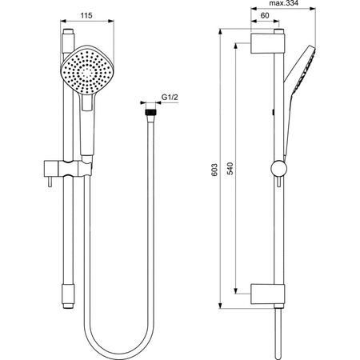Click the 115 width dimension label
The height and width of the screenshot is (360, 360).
pyautogui.click(x=86, y=16)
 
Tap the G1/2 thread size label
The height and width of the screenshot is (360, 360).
pyautogui.click(x=170, y=98)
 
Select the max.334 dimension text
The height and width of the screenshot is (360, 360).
pyautogui.click(x=283, y=3)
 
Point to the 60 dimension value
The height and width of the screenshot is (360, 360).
pyautogui.click(x=265, y=16)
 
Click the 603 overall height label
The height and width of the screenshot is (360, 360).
pyautogui.click(x=214, y=170)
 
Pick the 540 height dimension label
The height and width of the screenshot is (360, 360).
pyautogui.click(x=230, y=169)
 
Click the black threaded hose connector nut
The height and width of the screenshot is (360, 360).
pyautogui.click(x=150, y=112)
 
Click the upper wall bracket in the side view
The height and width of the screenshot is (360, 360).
pyautogui.click(x=267, y=43)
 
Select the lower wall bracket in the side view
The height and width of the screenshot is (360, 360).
pyautogui.click(x=267, y=294)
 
